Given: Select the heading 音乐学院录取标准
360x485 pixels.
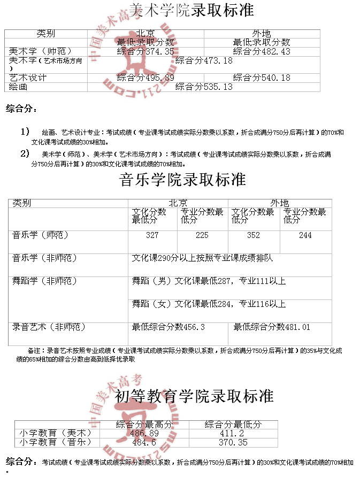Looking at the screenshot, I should pos(183,180).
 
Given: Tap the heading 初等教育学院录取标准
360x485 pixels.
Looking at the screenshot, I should pos(194,396).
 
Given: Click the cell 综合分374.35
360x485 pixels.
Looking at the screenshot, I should pos(145,52).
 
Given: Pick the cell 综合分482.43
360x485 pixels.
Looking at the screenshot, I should pos(262,52).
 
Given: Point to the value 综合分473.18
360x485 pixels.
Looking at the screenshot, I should pos(204,60).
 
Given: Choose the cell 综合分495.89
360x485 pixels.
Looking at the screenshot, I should pos(145,78).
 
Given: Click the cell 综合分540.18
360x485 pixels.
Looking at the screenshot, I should pos(262,78).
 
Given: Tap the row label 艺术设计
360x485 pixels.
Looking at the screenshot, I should pos(28,78).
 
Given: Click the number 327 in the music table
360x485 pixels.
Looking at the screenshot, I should pos(152,235).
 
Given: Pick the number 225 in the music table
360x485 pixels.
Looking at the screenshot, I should pos(202,235).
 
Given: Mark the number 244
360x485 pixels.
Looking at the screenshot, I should pos(305,235).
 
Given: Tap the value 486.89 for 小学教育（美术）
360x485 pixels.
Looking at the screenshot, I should pos(144,434).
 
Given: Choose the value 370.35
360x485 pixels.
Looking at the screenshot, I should pos(233,443).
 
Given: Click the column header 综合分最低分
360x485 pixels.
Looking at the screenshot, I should pos(233,425).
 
